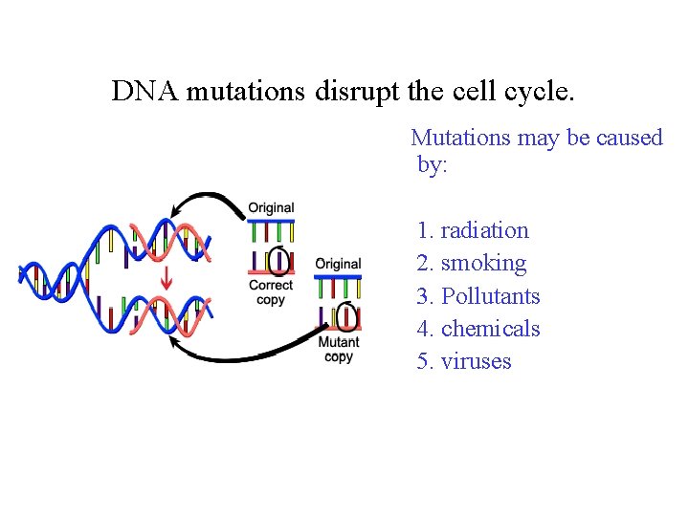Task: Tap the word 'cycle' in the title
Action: [537, 92]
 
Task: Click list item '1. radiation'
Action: [473, 230]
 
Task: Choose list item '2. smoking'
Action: [472, 263]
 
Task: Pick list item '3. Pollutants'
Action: [478, 296]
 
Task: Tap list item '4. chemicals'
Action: [478, 329]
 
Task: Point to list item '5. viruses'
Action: [464, 361]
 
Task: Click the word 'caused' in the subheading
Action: [629, 138]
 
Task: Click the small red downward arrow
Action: [167, 279]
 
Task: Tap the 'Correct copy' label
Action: [271, 292]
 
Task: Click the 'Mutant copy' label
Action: [339, 349]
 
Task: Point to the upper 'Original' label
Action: [271, 207]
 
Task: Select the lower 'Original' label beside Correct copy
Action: [338, 264]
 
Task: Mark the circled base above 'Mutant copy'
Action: [346, 315]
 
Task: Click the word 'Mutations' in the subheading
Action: [460, 138]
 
